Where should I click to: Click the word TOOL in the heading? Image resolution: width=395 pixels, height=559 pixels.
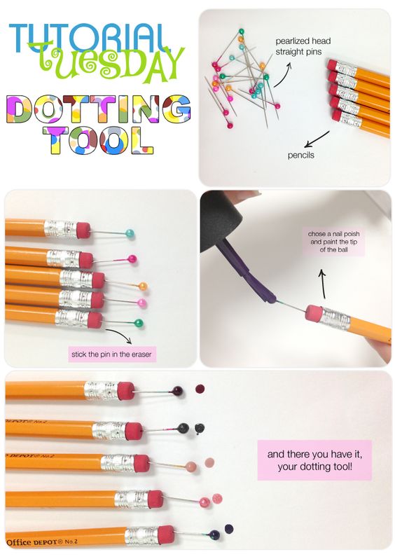click(98, 141)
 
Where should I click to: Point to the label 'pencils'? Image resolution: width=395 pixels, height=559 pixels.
click(301, 156)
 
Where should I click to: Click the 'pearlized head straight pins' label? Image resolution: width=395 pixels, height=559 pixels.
click(303, 46)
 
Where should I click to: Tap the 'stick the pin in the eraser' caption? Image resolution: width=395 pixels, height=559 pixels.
click(111, 354)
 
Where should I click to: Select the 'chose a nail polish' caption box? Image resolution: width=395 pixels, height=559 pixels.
click(333, 242)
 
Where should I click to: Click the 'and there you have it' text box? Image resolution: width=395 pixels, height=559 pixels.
click(314, 460)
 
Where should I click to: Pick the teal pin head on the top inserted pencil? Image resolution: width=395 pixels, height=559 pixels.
click(130, 234)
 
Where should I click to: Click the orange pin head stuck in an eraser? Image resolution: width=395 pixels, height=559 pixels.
click(143, 287)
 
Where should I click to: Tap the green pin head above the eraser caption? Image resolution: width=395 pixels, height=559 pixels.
click(139, 324)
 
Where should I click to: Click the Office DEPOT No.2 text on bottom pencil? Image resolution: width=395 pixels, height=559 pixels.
click(42, 542)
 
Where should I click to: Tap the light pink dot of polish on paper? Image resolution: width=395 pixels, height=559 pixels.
click(209, 463)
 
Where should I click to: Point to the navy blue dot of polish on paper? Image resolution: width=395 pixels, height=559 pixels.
click(229, 528)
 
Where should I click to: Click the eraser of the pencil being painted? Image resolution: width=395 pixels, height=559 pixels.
click(314, 313)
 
